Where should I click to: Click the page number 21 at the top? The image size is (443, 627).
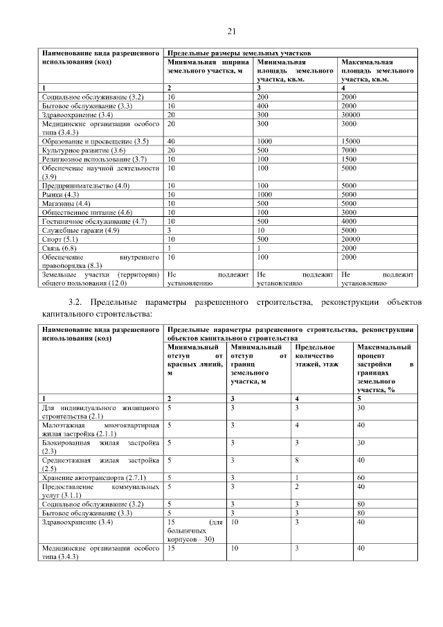(x=231, y=30)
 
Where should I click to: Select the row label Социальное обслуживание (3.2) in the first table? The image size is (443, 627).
(x=93, y=97)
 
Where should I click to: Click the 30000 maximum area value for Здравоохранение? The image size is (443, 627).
(x=354, y=114)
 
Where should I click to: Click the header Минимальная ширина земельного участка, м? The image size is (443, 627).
(x=206, y=66)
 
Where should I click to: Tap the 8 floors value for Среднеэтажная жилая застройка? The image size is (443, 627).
(x=296, y=460)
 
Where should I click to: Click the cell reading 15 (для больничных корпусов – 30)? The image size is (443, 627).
(x=195, y=531)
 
